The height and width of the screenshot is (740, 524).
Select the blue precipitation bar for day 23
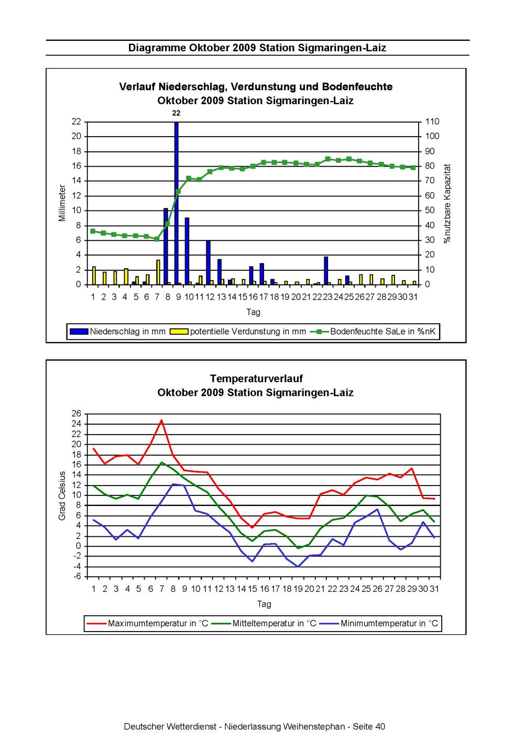326,271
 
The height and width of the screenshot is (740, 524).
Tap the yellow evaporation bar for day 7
158,272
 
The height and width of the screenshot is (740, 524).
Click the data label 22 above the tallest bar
177,113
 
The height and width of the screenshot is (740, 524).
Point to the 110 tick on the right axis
433,122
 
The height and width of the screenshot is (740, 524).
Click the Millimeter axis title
62,203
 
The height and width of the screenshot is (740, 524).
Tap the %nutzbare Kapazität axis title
447,203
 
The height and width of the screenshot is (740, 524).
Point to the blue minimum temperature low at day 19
298,566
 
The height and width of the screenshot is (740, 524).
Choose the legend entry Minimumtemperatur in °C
389,623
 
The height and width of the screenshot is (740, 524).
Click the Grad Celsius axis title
62,495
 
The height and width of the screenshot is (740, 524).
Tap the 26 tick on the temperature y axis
77,414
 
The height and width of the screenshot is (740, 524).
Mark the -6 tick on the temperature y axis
77,577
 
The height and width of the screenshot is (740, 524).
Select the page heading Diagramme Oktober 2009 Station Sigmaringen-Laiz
257,48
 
